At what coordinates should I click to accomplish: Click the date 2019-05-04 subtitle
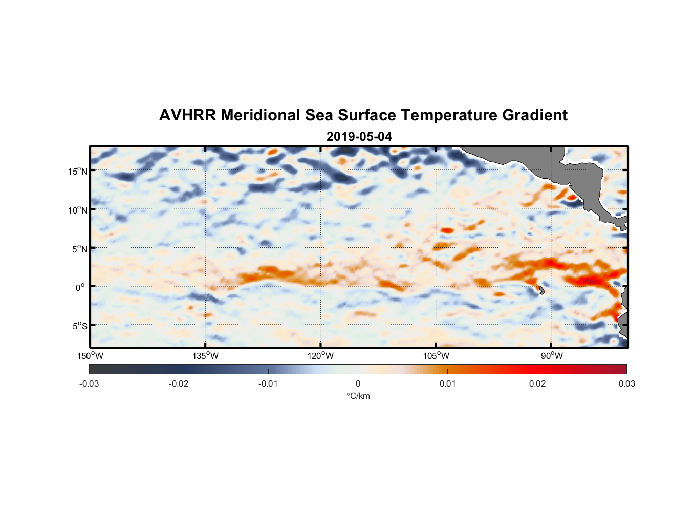pyautogui.click(x=359, y=137)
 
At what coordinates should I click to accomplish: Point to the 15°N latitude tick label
pyautogui.click(x=78, y=171)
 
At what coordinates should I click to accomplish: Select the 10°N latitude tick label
pyautogui.click(x=78, y=210)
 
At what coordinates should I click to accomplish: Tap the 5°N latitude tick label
pyautogui.click(x=79, y=249)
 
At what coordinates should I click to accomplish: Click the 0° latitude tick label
pyautogui.click(x=80, y=287)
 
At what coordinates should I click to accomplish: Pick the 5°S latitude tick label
pyautogui.click(x=79, y=326)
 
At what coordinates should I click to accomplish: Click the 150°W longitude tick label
pyautogui.click(x=90, y=356)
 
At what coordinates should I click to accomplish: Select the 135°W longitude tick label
pyautogui.click(x=205, y=356)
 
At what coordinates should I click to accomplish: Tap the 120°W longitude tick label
pyautogui.click(x=320, y=356)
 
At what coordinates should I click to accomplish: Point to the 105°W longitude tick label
pyautogui.click(x=436, y=356)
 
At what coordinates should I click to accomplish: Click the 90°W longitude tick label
pyautogui.click(x=552, y=356)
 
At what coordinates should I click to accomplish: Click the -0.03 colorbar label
pyautogui.click(x=89, y=383)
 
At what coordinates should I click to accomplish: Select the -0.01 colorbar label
pyautogui.click(x=268, y=383)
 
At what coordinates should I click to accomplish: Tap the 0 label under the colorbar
pyautogui.click(x=358, y=383)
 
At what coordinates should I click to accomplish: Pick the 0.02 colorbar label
pyautogui.click(x=537, y=383)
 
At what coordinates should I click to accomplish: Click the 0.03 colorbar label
pyautogui.click(x=626, y=383)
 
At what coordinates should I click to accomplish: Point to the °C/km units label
pyautogui.click(x=358, y=396)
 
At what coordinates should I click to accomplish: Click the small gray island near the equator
pyautogui.click(x=541, y=290)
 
